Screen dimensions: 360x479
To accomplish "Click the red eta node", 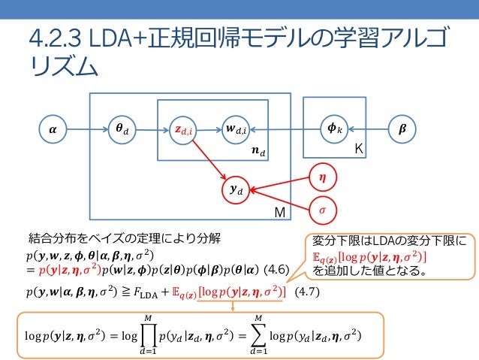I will pos(323,178).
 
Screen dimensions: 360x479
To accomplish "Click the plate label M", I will pos(279,214).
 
